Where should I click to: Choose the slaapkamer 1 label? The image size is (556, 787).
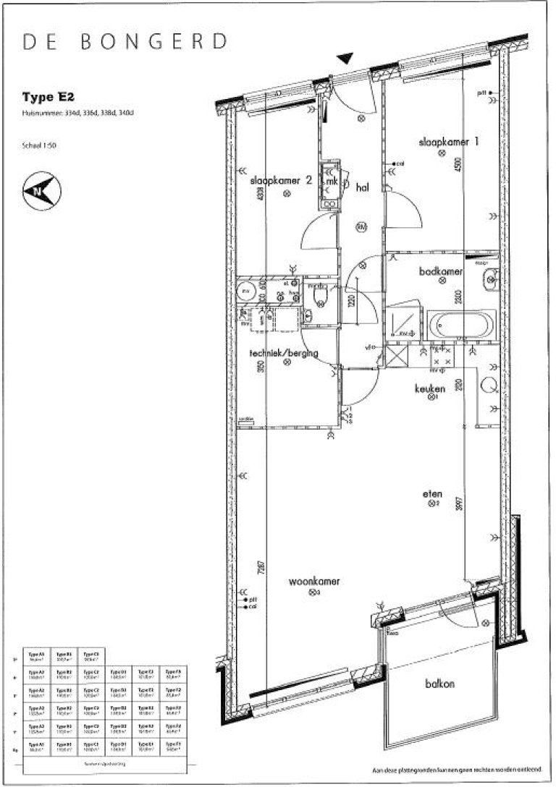point(450,142)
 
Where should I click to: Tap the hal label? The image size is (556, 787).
point(363,187)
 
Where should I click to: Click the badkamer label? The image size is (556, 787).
point(441,272)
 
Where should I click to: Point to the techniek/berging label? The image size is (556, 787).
point(283,352)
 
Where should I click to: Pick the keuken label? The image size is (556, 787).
point(429,388)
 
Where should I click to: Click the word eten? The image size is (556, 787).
point(432,493)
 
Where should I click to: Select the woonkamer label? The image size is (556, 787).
point(314,581)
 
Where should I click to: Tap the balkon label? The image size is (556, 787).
point(439,684)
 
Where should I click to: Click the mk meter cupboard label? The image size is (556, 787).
point(332,182)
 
